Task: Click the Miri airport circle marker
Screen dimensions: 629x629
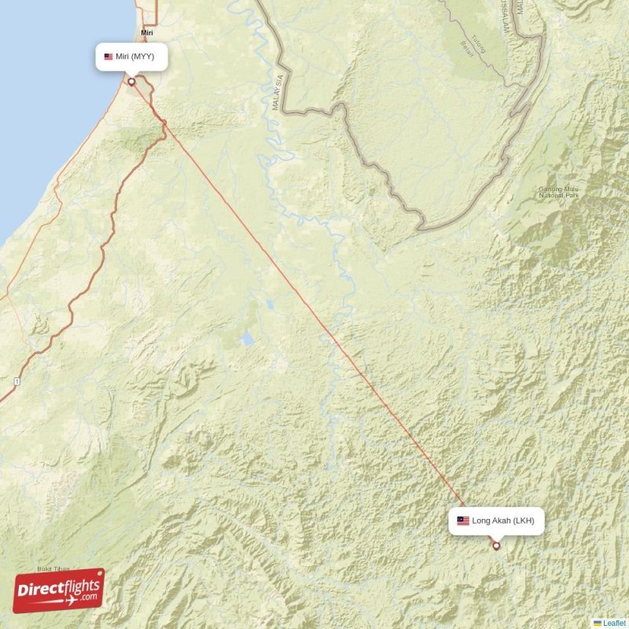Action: pyautogui.click(x=131, y=80)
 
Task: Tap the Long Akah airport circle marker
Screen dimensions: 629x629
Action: pyautogui.click(x=496, y=546)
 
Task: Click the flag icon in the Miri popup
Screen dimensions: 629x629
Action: pyautogui.click(x=109, y=57)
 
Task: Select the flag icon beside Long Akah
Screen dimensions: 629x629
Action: pyautogui.click(x=463, y=520)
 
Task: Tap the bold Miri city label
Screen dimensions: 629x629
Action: pyautogui.click(x=146, y=33)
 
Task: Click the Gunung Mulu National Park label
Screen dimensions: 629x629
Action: pyautogui.click(x=558, y=191)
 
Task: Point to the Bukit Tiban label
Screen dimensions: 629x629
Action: pyautogui.click(x=53, y=568)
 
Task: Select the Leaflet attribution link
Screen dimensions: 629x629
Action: pyautogui.click(x=614, y=623)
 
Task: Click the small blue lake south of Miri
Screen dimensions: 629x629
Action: pyautogui.click(x=247, y=340)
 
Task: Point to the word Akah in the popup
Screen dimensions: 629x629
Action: pyautogui.click(x=502, y=520)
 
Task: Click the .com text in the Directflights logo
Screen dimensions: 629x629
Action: pyautogui.click(x=87, y=598)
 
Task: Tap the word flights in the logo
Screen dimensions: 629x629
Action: pyautogui.click(x=79, y=586)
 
